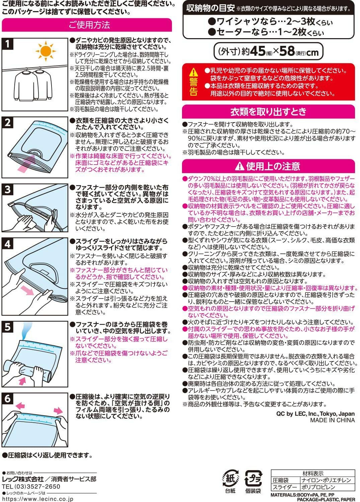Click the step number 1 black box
click(8, 44)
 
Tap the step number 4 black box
click(8, 244)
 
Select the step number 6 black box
click(8, 399)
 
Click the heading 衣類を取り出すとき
click(268, 111)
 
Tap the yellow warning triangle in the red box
click(193, 72)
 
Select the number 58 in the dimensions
click(287, 51)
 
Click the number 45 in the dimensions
click(257, 51)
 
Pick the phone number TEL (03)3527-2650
click(31, 487)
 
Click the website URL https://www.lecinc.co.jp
click(37, 499)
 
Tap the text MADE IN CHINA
click(332, 420)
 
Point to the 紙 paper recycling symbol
click(230, 479)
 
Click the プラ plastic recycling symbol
click(253, 479)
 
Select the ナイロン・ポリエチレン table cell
click(326, 480)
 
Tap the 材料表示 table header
click(312, 473)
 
